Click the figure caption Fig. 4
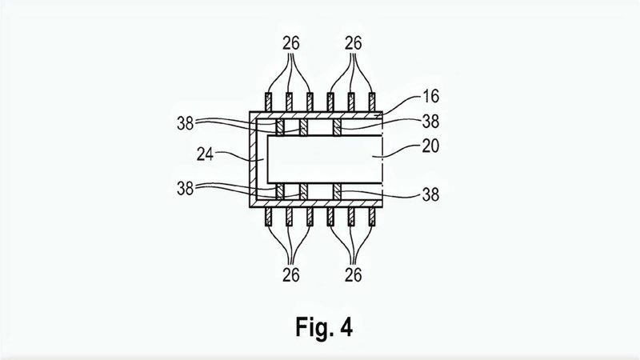point(324,327)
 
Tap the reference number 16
point(430,96)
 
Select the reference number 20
point(430,146)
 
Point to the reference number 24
point(205,154)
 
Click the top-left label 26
point(290,43)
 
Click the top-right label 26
point(353,43)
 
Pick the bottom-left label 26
point(290,275)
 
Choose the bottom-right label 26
point(353,275)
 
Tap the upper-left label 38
point(186,123)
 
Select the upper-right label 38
point(430,122)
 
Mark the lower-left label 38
point(186,189)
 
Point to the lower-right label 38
point(430,194)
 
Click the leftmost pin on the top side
point(269,102)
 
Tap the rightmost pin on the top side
point(372,102)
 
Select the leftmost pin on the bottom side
point(269,217)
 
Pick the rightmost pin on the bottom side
point(372,217)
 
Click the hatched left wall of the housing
point(253,159)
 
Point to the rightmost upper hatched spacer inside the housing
point(337,127)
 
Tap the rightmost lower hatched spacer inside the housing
point(337,191)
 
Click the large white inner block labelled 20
point(325,159)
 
